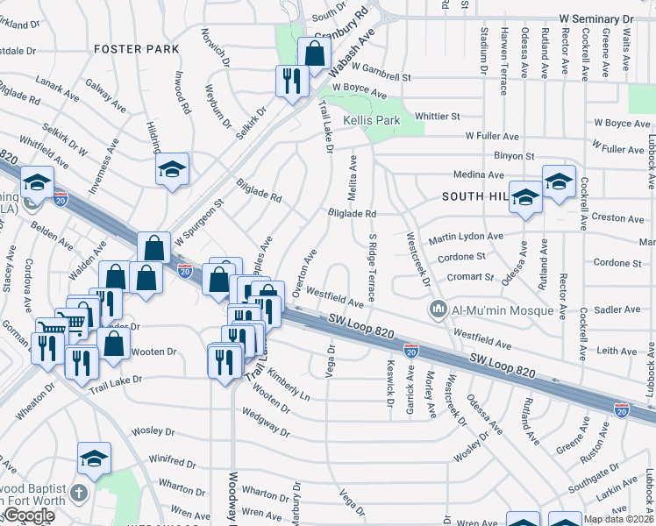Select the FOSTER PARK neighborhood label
(x=129, y=49)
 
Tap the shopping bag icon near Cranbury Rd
(x=314, y=53)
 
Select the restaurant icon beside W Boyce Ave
(x=290, y=82)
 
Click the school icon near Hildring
(x=173, y=168)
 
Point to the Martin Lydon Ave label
(x=465, y=238)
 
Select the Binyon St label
(x=514, y=155)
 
